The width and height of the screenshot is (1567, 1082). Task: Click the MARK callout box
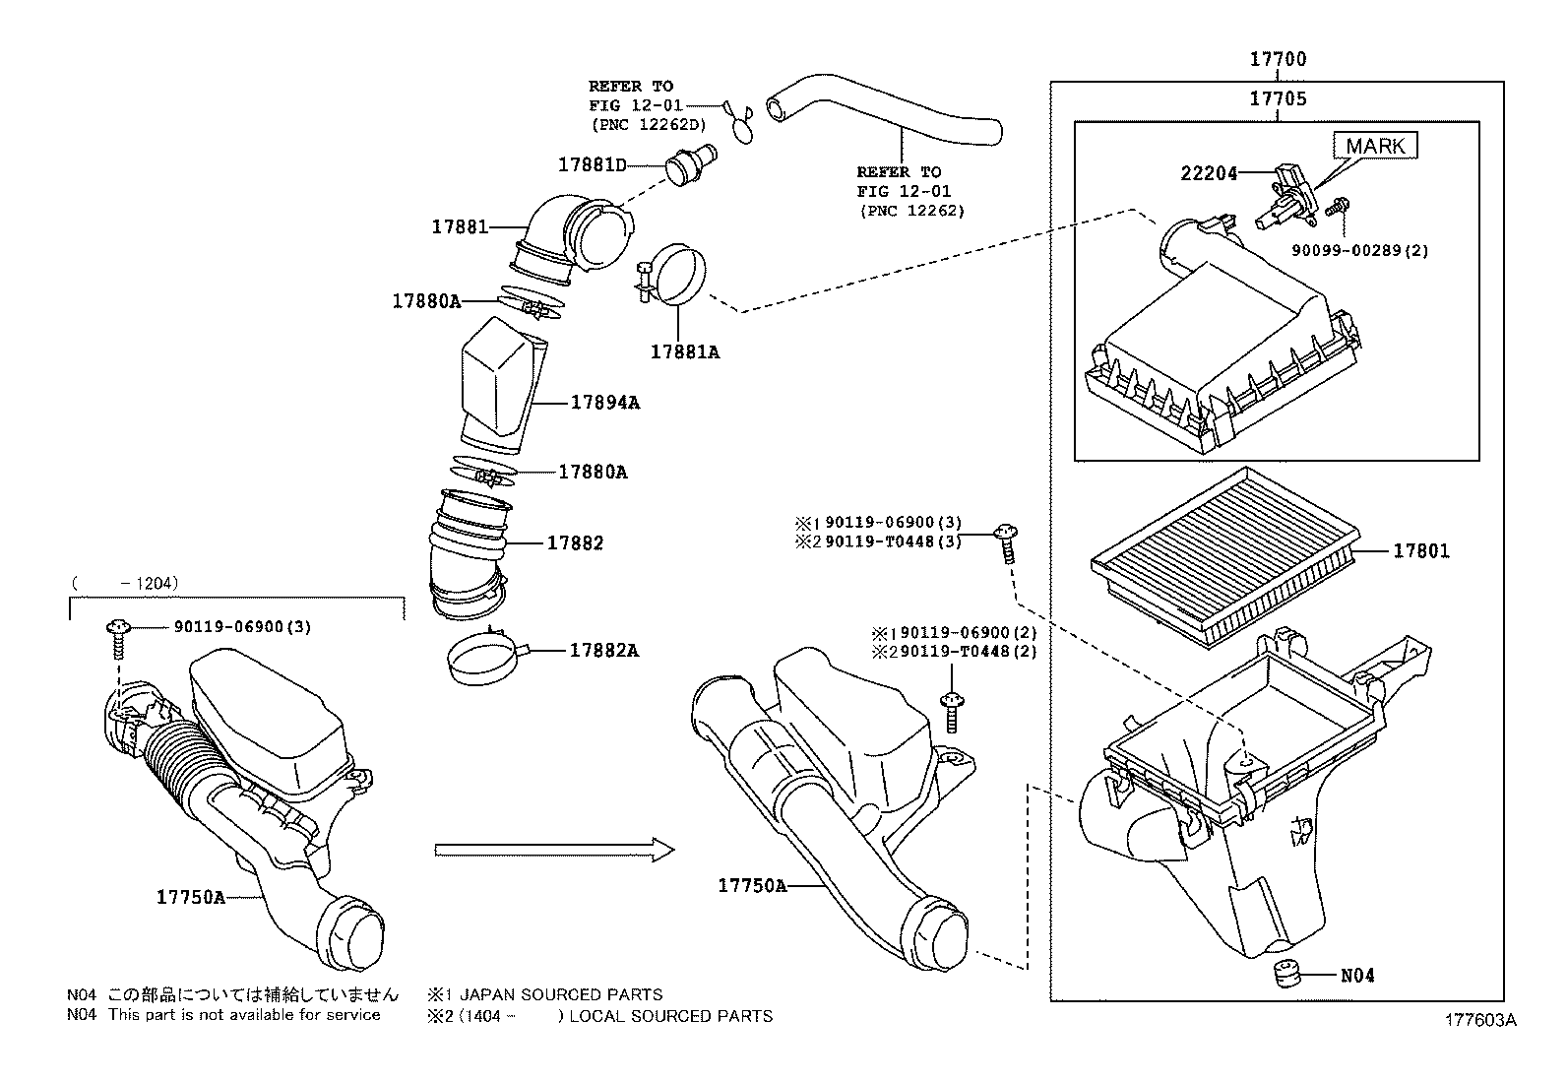click(1376, 146)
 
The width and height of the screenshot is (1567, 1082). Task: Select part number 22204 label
click(1209, 173)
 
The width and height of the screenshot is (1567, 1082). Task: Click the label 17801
click(1420, 551)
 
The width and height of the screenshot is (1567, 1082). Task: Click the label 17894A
click(604, 402)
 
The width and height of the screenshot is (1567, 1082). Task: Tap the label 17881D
click(592, 164)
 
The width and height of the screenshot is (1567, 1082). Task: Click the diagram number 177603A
click(1480, 1021)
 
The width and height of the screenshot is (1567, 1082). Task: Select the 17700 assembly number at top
click(1278, 59)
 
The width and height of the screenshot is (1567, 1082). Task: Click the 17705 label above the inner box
click(1278, 98)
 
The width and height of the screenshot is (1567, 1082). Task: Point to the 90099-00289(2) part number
click(1359, 251)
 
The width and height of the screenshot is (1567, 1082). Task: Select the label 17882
click(575, 542)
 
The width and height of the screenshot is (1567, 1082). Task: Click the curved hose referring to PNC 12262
click(886, 117)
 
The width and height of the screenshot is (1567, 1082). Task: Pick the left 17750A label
click(190, 896)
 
